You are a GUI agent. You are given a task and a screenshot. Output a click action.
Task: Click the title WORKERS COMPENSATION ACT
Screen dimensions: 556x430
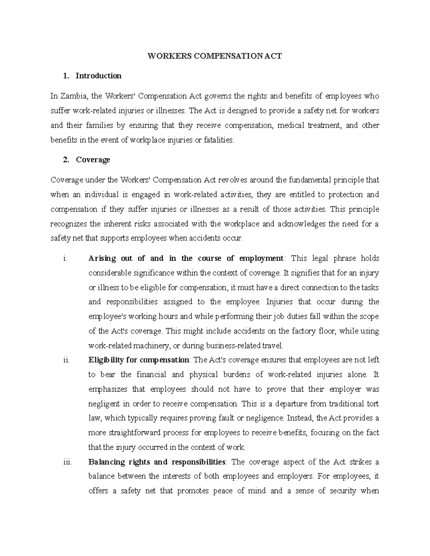(215, 56)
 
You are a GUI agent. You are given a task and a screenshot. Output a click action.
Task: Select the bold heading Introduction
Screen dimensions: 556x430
(99, 76)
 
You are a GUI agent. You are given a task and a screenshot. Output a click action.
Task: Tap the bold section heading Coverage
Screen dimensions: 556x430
(93, 160)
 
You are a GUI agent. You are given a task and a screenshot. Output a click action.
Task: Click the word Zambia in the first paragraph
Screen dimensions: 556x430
(75, 96)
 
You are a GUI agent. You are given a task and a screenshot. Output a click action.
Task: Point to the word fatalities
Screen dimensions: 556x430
(219, 140)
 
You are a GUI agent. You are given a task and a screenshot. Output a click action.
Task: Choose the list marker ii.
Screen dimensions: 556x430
(66, 360)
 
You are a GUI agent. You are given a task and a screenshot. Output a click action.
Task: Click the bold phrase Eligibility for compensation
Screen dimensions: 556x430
(139, 360)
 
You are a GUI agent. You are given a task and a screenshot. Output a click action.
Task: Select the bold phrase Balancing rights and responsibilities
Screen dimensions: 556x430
(157, 462)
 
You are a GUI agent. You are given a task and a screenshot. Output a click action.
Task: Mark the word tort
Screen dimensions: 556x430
(373, 404)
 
